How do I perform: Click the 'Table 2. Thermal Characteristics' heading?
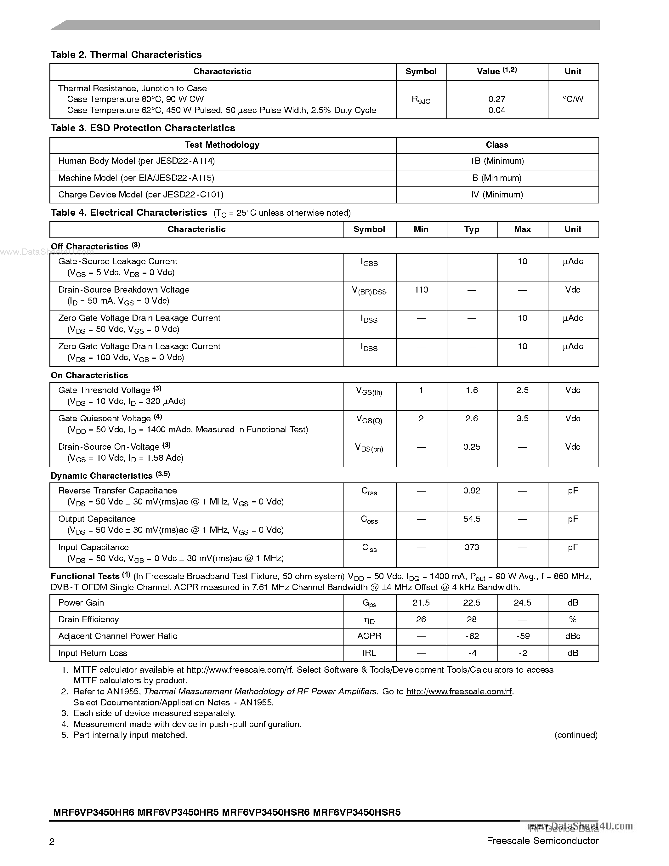[126, 55]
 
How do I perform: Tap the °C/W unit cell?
[573, 99]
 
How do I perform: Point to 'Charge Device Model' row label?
[140, 195]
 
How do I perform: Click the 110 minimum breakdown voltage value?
[421, 290]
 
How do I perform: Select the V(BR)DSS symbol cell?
[369, 291]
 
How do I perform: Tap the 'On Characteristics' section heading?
[90, 375]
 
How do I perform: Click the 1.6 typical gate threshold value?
[472, 390]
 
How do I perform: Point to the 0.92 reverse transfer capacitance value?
[472, 491]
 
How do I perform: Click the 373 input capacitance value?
[472, 548]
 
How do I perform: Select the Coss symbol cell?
[369, 520]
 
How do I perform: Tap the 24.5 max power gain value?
[522, 603]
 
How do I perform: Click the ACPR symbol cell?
[369, 636]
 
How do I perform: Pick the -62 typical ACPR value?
[472, 636]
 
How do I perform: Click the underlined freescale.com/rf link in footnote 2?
[459, 692]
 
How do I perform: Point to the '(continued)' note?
[575, 735]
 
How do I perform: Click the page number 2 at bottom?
[52, 841]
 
